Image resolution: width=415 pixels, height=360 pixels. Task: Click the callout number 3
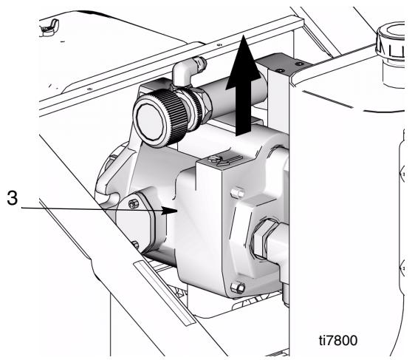point(12,198)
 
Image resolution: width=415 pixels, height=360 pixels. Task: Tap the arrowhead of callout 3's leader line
point(170,211)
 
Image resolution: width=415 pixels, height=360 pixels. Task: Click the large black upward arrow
point(244,85)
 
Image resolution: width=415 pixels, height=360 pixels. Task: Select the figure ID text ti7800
point(338,340)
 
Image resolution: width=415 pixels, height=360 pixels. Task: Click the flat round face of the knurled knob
point(151,120)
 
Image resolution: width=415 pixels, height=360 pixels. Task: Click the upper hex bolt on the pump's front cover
point(238,193)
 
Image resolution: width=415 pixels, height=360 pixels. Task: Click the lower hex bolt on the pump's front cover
point(238,288)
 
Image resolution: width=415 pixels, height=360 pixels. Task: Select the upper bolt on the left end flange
point(133,204)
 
